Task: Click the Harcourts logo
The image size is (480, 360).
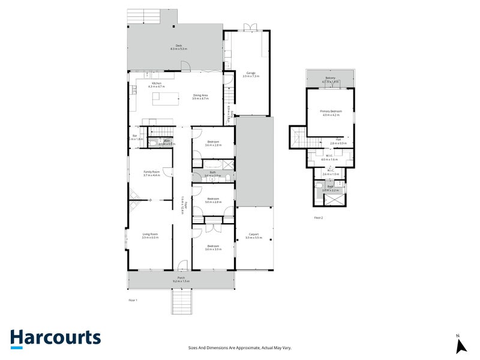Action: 55,337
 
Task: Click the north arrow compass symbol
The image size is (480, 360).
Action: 461,344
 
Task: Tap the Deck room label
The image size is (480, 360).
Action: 178,46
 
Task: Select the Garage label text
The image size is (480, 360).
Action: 250,72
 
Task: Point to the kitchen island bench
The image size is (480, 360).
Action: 166,98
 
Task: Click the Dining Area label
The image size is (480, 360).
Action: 200,95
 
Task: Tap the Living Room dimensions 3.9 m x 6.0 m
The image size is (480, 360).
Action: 150,238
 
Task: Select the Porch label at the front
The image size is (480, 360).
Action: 180,278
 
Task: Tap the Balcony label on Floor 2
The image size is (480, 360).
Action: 331,78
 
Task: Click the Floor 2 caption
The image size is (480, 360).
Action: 318,217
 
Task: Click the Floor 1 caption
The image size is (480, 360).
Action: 133,299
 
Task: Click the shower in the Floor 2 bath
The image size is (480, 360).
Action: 336,197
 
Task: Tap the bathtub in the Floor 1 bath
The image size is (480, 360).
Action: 213,163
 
